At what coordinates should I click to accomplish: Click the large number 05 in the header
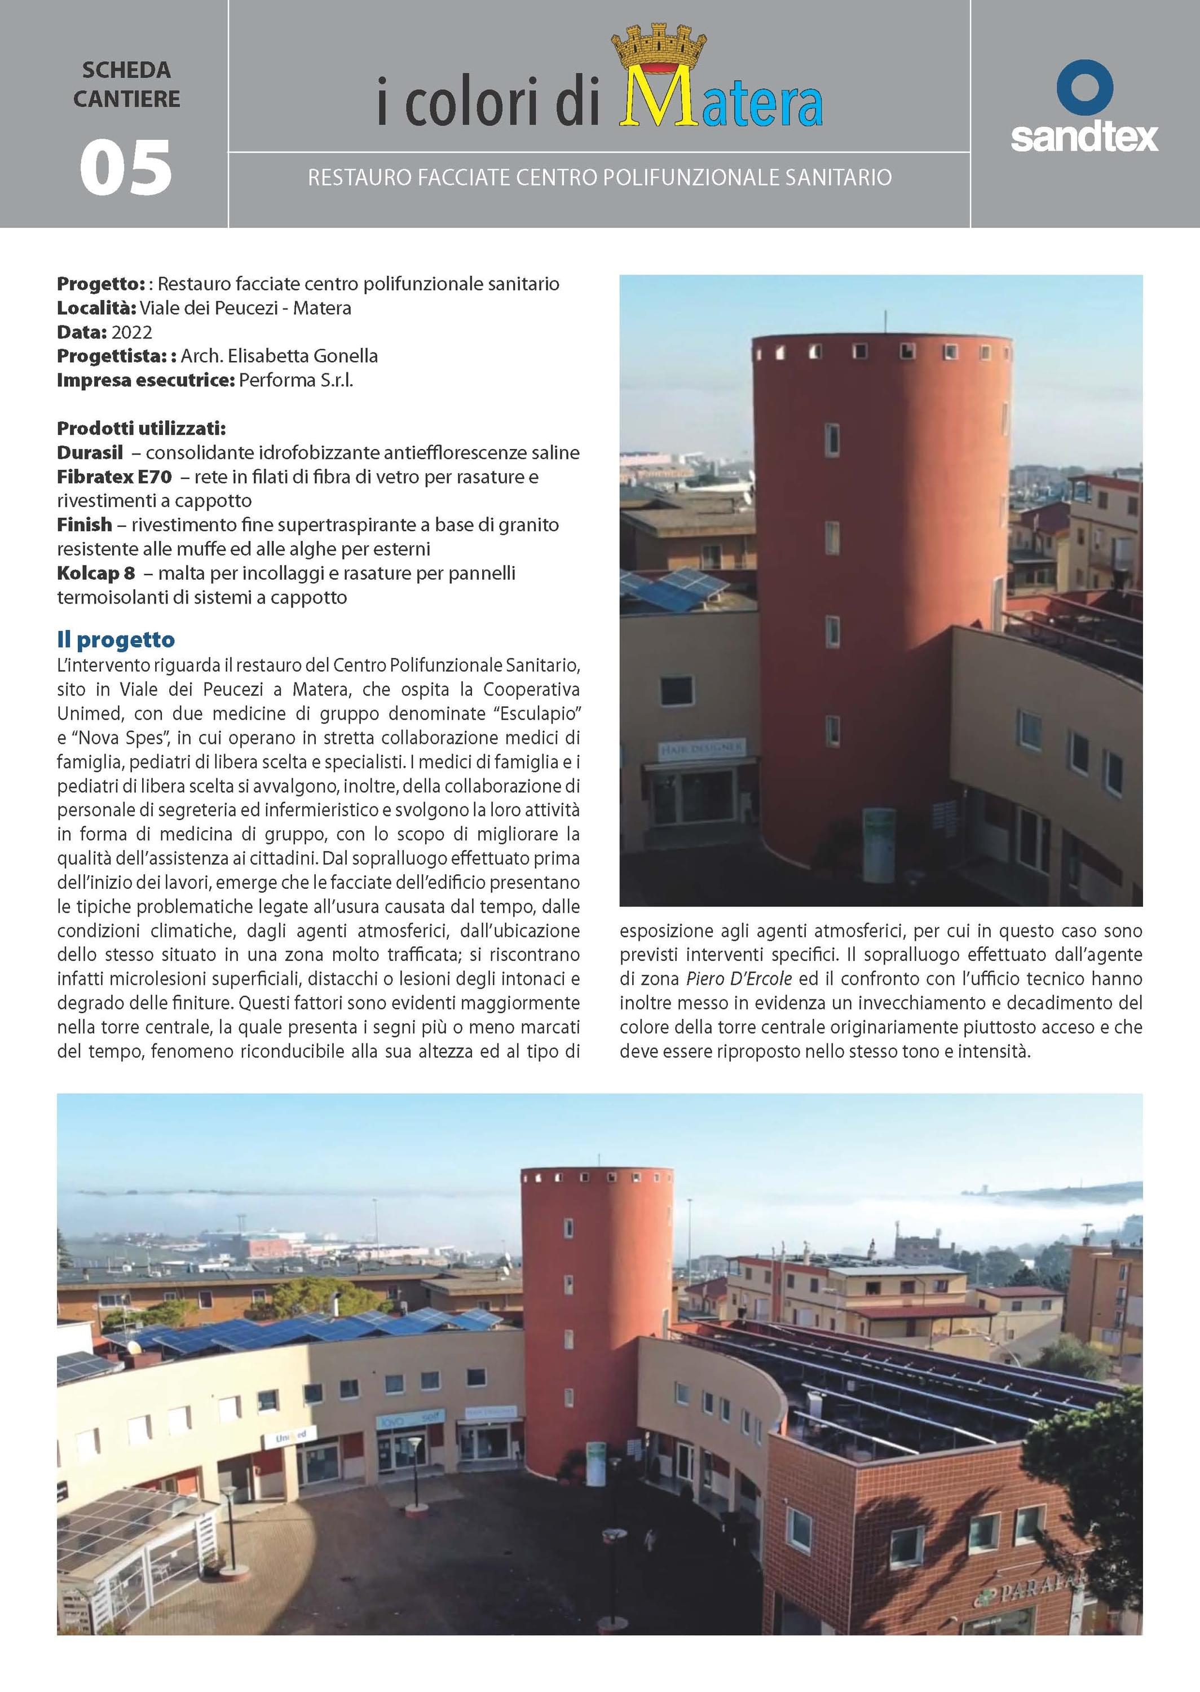pyautogui.click(x=126, y=169)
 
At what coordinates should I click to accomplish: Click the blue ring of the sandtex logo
pyautogui.click(x=1084, y=87)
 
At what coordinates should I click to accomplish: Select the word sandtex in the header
pyautogui.click(x=1084, y=138)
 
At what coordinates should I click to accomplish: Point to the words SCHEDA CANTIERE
pyautogui.click(x=126, y=84)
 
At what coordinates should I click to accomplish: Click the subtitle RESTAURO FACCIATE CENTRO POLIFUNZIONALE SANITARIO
pyautogui.click(x=599, y=177)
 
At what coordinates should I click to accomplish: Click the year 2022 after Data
pyautogui.click(x=131, y=333)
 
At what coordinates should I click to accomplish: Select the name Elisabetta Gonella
pyautogui.click(x=302, y=356)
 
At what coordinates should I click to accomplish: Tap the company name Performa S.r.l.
pyautogui.click(x=295, y=381)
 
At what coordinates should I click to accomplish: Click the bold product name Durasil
pyautogui.click(x=90, y=453)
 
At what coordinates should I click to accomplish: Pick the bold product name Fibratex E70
pyautogui.click(x=114, y=477)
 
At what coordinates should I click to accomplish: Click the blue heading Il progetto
pyautogui.click(x=116, y=639)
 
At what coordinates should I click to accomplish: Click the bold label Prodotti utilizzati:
pyautogui.click(x=141, y=429)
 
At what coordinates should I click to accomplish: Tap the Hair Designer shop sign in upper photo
pyautogui.click(x=702, y=749)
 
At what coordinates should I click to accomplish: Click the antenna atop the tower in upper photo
pyautogui.click(x=884, y=322)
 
